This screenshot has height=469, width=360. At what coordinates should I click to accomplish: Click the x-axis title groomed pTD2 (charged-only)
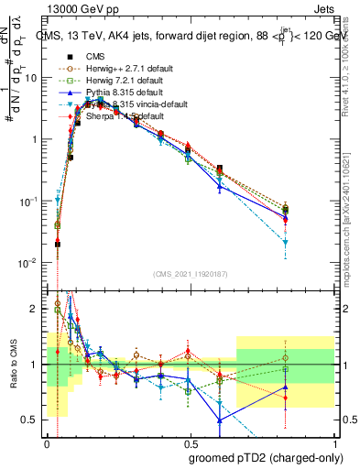(266, 456)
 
